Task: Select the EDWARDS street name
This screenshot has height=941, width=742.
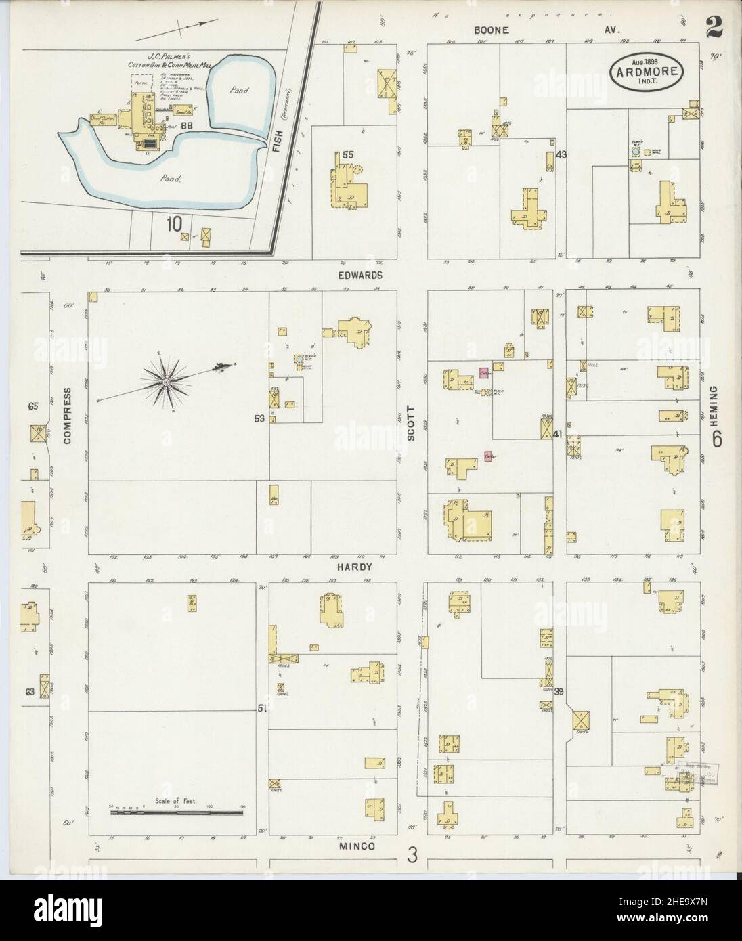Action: [x=362, y=276]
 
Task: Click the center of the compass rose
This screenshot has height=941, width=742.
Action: [x=165, y=382]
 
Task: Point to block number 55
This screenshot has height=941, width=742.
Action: [x=348, y=154]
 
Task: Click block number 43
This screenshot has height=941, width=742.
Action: [x=561, y=154]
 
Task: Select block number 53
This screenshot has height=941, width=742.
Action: [x=259, y=419]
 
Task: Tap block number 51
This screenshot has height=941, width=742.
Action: [x=261, y=708]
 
